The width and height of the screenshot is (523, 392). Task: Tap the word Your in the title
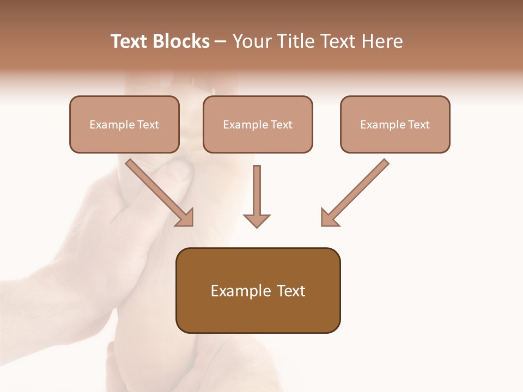pos(251,41)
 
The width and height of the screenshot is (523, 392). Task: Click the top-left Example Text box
pos(124,124)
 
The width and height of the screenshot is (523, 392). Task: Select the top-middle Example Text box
pos(258,124)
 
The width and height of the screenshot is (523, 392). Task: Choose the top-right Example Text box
pos(395,124)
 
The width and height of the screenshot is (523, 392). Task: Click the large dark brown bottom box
pos(258,290)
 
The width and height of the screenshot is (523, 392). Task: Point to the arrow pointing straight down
pos(257,196)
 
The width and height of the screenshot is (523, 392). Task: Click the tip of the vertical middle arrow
pos(257,226)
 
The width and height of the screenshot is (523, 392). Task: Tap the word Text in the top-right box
pos(418,124)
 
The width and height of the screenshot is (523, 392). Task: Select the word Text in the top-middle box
pos(281,124)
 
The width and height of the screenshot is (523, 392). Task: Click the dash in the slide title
pos(221,41)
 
